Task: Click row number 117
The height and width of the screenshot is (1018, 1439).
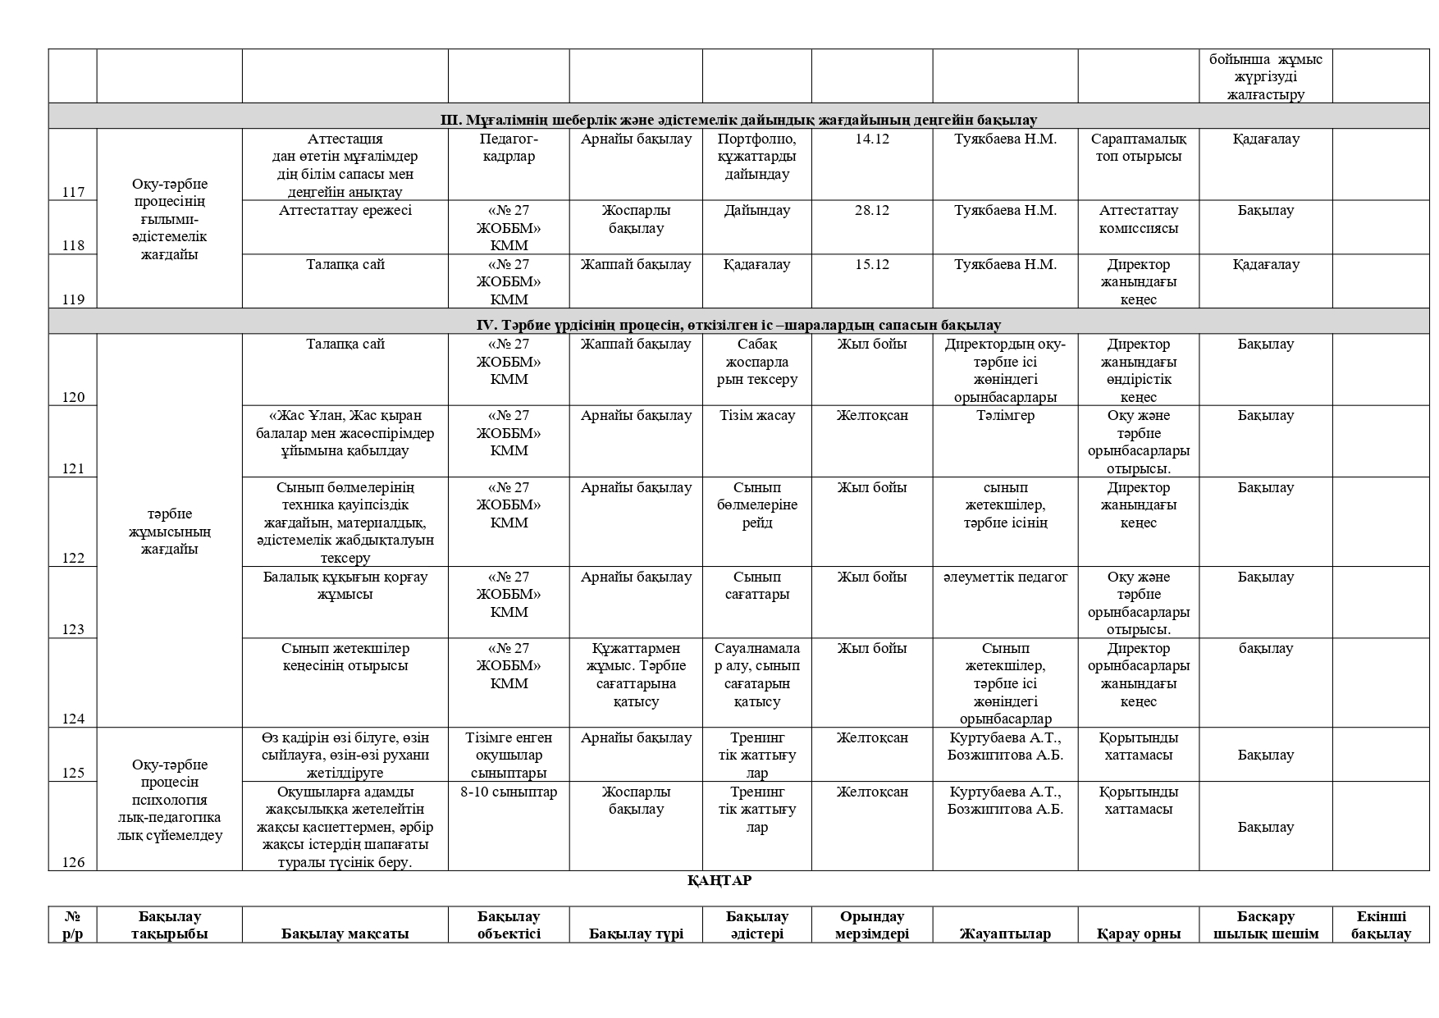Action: (x=73, y=192)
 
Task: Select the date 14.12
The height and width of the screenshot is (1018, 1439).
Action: (x=871, y=139)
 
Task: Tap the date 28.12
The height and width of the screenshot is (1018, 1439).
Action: (x=871, y=210)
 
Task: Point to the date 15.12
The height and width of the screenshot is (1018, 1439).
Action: (x=871, y=264)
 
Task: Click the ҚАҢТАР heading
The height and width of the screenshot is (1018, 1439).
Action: (x=719, y=880)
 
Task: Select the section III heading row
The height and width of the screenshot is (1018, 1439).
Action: (x=738, y=120)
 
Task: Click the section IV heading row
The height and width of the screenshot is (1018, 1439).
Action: (x=738, y=325)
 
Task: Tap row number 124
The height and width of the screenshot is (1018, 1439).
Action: (x=73, y=719)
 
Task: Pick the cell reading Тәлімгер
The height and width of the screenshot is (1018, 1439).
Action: (x=1005, y=415)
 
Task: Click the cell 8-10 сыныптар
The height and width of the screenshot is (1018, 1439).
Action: (x=509, y=792)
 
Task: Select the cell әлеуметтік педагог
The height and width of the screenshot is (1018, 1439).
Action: (x=1005, y=577)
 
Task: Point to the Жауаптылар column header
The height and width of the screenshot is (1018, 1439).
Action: (x=1005, y=934)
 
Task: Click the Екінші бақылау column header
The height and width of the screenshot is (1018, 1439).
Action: (x=1381, y=924)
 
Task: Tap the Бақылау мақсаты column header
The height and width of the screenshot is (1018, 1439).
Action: (x=345, y=934)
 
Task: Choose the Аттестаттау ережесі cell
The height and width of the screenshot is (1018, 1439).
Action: (x=345, y=210)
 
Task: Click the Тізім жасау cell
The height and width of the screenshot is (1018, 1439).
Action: (x=756, y=415)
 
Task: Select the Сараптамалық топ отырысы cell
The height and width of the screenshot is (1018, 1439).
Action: (x=1138, y=148)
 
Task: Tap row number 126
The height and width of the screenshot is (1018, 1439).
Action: (x=73, y=862)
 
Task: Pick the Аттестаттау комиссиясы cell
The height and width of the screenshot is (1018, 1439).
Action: (x=1138, y=219)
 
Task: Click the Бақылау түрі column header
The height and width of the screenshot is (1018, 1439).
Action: (x=636, y=934)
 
